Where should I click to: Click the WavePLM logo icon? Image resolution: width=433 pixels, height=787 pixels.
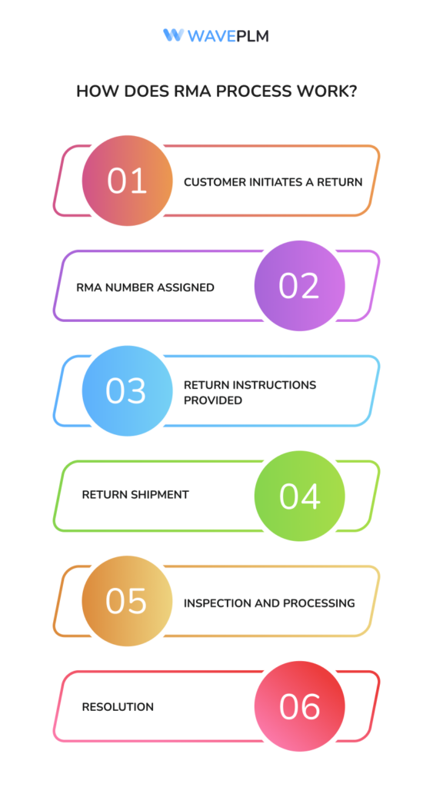[x=172, y=35]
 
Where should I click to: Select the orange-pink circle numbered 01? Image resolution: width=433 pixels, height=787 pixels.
[x=127, y=181]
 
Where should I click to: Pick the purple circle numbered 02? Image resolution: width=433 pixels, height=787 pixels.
[x=299, y=286]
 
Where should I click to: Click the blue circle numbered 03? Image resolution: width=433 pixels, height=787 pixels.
[x=127, y=390]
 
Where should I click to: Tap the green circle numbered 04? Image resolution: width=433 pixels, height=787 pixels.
[x=299, y=496]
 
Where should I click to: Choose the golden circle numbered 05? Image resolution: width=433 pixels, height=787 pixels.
[x=127, y=601]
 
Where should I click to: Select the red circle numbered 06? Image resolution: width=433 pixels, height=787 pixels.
[x=299, y=706]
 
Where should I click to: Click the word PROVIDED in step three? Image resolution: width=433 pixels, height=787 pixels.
[x=212, y=400]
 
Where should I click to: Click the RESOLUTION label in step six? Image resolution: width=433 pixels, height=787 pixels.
[x=118, y=706]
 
